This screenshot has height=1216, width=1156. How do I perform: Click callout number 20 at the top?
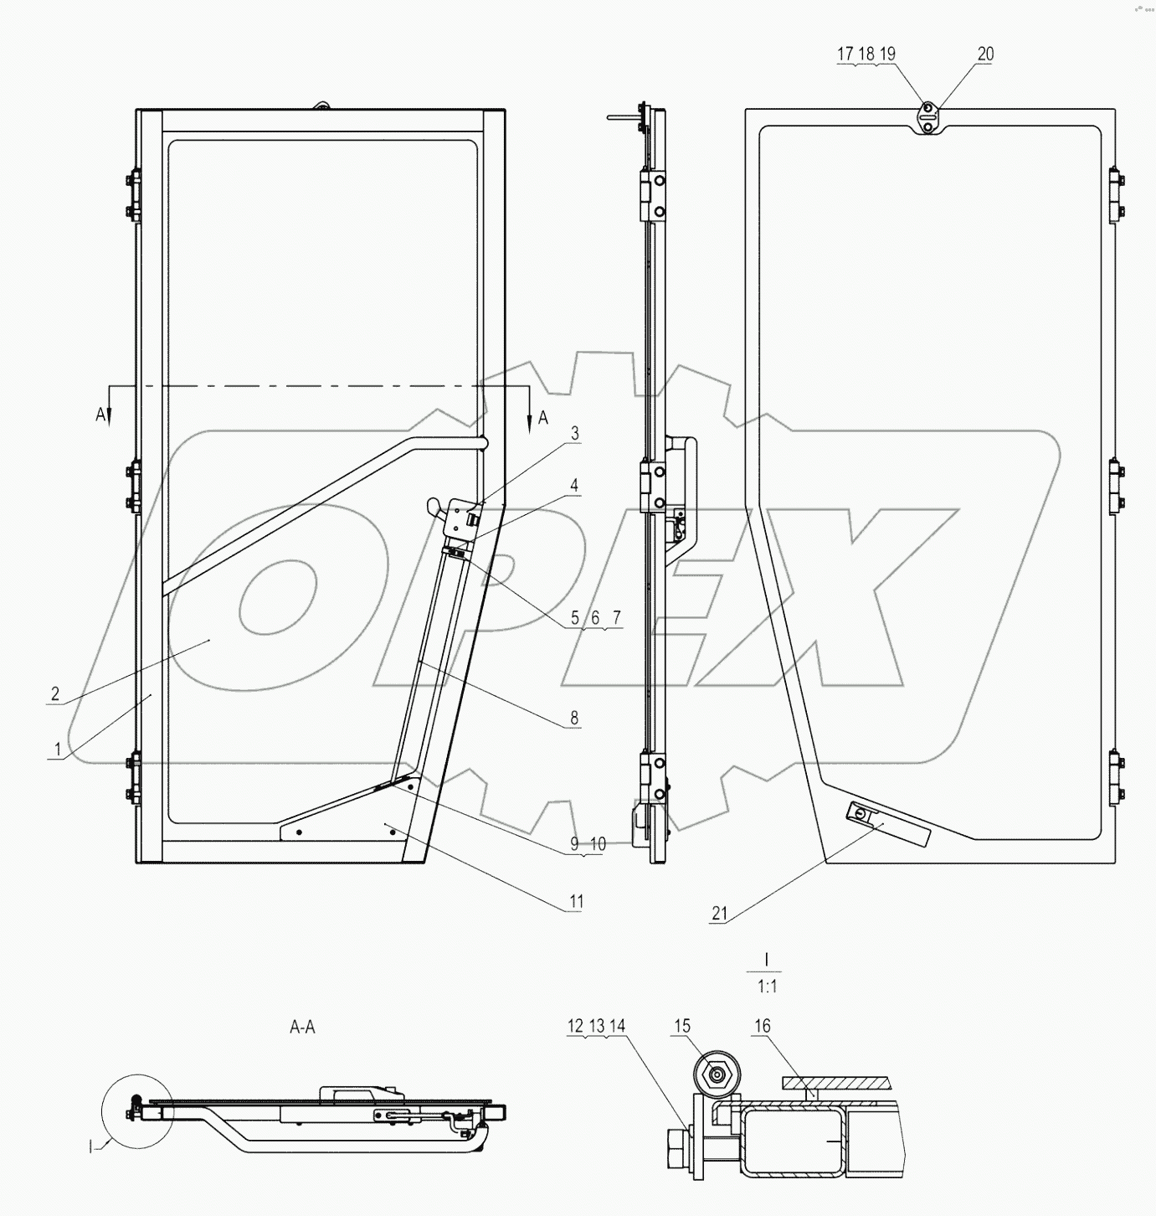(x=985, y=54)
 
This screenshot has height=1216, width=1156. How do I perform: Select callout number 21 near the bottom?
(x=719, y=914)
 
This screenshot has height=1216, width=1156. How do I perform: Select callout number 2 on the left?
(x=55, y=693)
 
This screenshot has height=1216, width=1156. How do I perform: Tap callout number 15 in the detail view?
(x=681, y=1026)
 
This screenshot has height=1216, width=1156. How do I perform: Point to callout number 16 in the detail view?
(x=762, y=1026)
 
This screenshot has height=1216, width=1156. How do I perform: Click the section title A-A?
(x=302, y=1027)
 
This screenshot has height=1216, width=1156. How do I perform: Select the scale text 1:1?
(x=767, y=987)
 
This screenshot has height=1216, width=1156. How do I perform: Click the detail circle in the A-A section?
(x=136, y=1110)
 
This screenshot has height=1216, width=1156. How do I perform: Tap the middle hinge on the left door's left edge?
(x=132, y=485)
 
